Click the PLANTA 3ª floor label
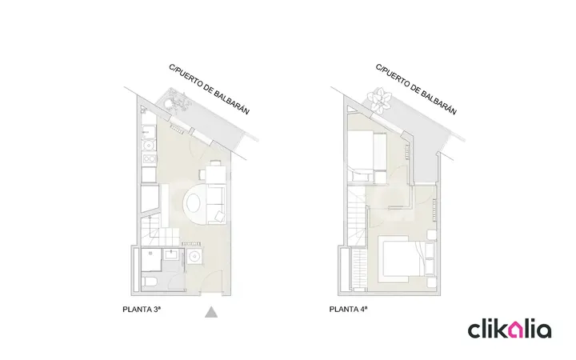click(x=142, y=310)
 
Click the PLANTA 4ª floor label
click(x=348, y=310)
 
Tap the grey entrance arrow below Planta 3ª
click(x=211, y=312)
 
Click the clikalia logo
click(x=509, y=329)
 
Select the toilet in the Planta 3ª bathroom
click(x=150, y=282)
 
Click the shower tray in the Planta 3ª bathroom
click(x=151, y=259)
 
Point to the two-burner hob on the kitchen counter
click(x=149, y=158)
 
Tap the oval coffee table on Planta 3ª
click(x=194, y=203)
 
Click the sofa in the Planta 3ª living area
click(x=216, y=205)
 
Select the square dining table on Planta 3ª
click(x=215, y=175)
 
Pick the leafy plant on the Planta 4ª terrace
click(x=380, y=99)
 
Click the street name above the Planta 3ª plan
click(x=210, y=89)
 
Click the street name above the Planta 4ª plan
click(x=416, y=90)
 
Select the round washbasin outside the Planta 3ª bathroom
click(x=194, y=256)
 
